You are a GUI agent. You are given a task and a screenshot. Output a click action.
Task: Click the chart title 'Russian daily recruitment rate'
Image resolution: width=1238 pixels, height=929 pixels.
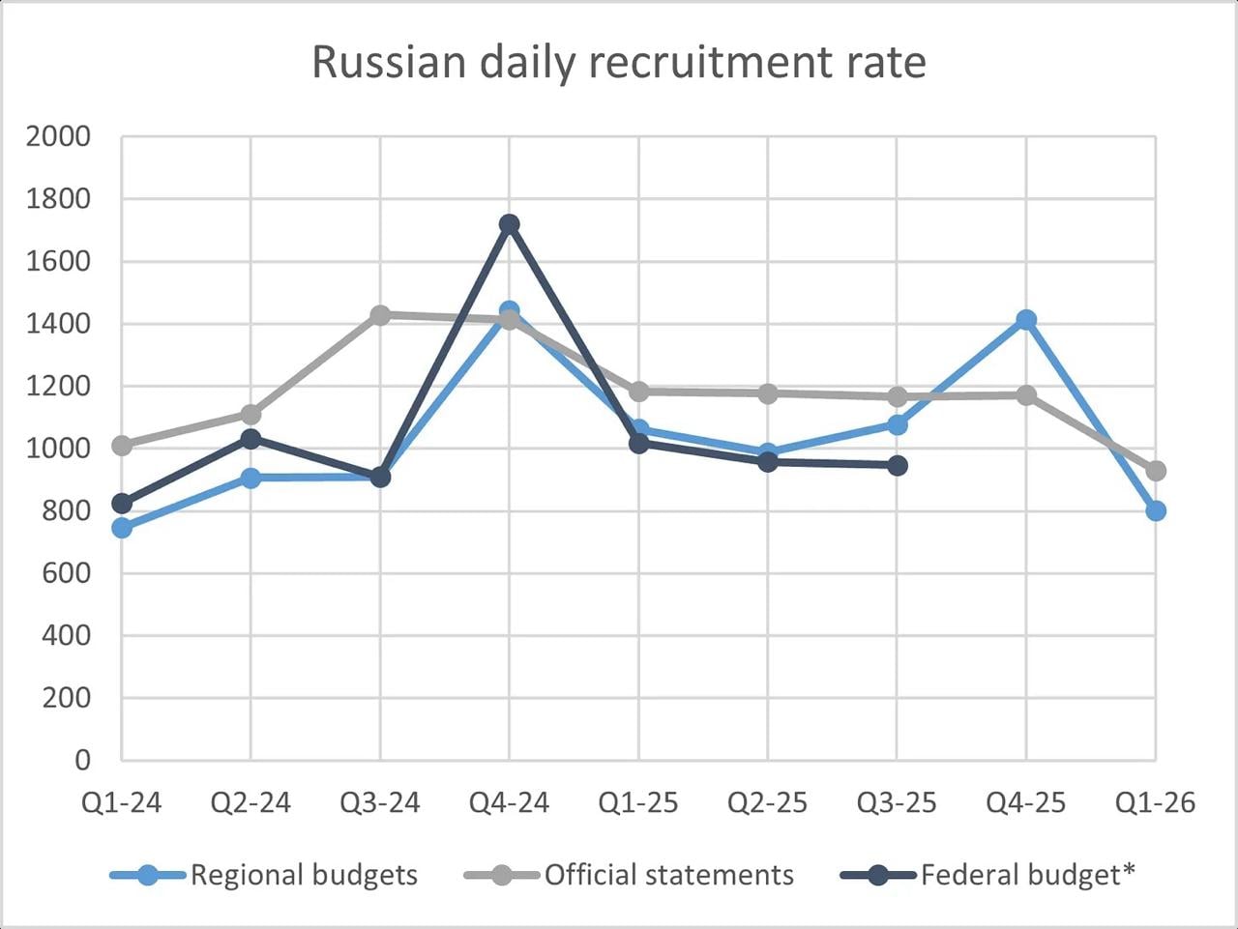click(x=619, y=62)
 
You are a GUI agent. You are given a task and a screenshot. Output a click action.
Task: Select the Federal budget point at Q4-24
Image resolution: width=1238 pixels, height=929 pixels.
click(x=510, y=224)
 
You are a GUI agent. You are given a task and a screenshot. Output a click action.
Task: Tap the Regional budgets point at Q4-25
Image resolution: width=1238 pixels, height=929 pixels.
click(x=1026, y=320)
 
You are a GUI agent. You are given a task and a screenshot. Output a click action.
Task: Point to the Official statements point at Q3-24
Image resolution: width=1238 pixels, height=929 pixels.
click(x=380, y=315)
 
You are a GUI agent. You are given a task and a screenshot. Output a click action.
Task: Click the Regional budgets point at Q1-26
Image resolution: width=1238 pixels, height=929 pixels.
click(x=1156, y=510)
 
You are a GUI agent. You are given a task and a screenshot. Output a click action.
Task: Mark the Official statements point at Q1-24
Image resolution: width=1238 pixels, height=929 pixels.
click(x=122, y=446)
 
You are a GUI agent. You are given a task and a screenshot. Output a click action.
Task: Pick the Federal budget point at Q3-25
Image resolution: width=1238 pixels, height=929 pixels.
click(x=898, y=466)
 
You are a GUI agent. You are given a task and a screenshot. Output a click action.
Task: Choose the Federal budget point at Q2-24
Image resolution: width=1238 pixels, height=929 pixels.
click(x=251, y=439)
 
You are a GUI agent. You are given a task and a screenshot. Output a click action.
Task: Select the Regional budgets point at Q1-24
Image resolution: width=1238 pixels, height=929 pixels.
click(x=122, y=528)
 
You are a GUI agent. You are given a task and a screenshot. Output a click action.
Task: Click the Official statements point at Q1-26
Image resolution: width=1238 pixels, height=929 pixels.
click(x=1156, y=471)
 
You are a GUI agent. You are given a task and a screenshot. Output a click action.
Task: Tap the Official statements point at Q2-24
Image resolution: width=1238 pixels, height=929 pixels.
click(x=251, y=415)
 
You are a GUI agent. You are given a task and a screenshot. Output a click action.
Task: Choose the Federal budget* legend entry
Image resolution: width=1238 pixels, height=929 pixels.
click(x=987, y=875)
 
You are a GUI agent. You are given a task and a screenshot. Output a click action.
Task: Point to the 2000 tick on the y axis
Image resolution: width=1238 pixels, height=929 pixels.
click(x=58, y=136)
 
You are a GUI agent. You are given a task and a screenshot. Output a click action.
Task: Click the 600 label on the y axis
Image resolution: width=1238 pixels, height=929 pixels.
click(x=66, y=573)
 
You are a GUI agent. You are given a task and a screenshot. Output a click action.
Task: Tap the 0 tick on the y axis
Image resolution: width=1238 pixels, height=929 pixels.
click(x=82, y=760)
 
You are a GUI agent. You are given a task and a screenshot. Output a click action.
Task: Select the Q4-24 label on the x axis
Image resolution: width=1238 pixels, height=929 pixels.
click(x=510, y=802)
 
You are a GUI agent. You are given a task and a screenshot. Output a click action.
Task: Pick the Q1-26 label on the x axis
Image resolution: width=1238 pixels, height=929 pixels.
click(x=1156, y=802)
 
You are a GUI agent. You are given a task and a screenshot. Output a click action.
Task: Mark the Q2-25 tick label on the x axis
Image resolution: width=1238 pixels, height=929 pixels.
click(x=768, y=802)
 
